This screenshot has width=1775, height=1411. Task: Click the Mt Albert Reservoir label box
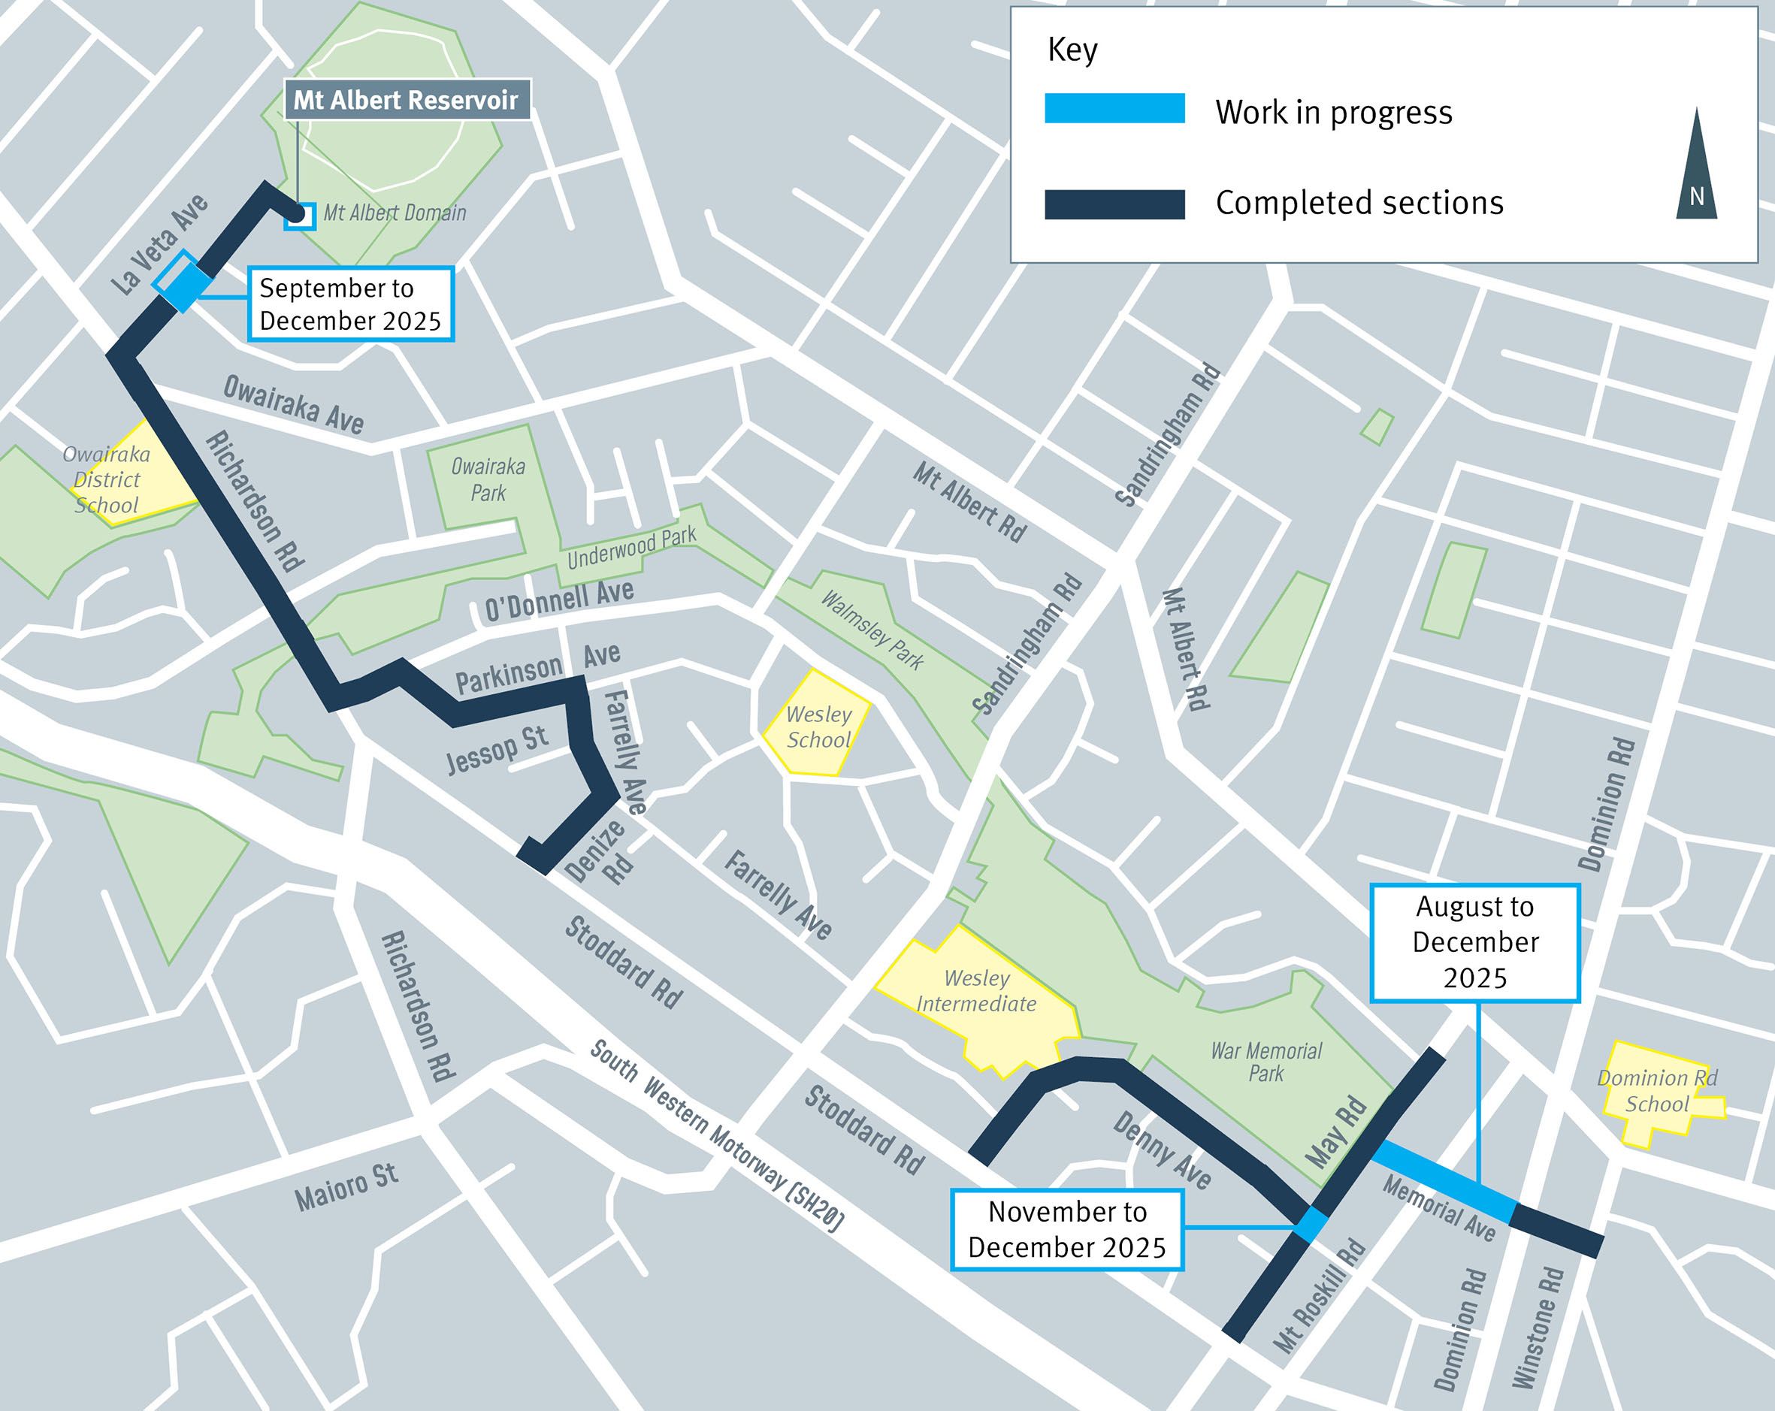(x=407, y=101)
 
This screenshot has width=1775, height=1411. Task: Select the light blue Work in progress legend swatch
(x=1114, y=109)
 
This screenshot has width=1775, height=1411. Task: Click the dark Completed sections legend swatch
(x=1114, y=204)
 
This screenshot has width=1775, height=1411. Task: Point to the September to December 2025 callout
(x=351, y=304)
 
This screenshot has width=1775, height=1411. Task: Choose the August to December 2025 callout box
(x=1474, y=943)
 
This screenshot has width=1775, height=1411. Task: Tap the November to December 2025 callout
(x=1067, y=1229)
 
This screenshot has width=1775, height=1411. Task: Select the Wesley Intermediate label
(x=976, y=990)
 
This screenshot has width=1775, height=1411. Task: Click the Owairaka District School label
(x=107, y=479)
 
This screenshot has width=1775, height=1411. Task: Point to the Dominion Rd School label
(x=1656, y=1091)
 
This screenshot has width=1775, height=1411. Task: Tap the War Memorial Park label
(x=1265, y=1061)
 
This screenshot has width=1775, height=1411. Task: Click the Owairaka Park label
(x=488, y=479)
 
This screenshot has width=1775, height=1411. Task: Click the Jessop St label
(x=497, y=750)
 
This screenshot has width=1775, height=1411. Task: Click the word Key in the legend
(x=1072, y=50)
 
